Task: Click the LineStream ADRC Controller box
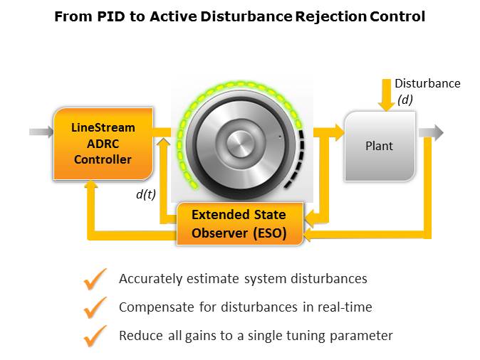(x=103, y=144)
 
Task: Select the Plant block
(x=380, y=146)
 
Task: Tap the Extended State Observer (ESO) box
(x=239, y=224)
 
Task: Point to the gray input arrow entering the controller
(x=40, y=132)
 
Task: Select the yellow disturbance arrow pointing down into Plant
(x=386, y=100)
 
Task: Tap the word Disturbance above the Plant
(x=427, y=83)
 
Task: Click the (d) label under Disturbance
(x=405, y=100)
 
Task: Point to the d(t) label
(x=145, y=194)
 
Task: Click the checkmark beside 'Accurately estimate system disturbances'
(x=95, y=280)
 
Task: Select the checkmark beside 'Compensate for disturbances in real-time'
(x=95, y=307)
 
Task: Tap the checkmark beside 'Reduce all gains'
(x=95, y=336)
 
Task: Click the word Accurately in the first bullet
(x=147, y=279)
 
